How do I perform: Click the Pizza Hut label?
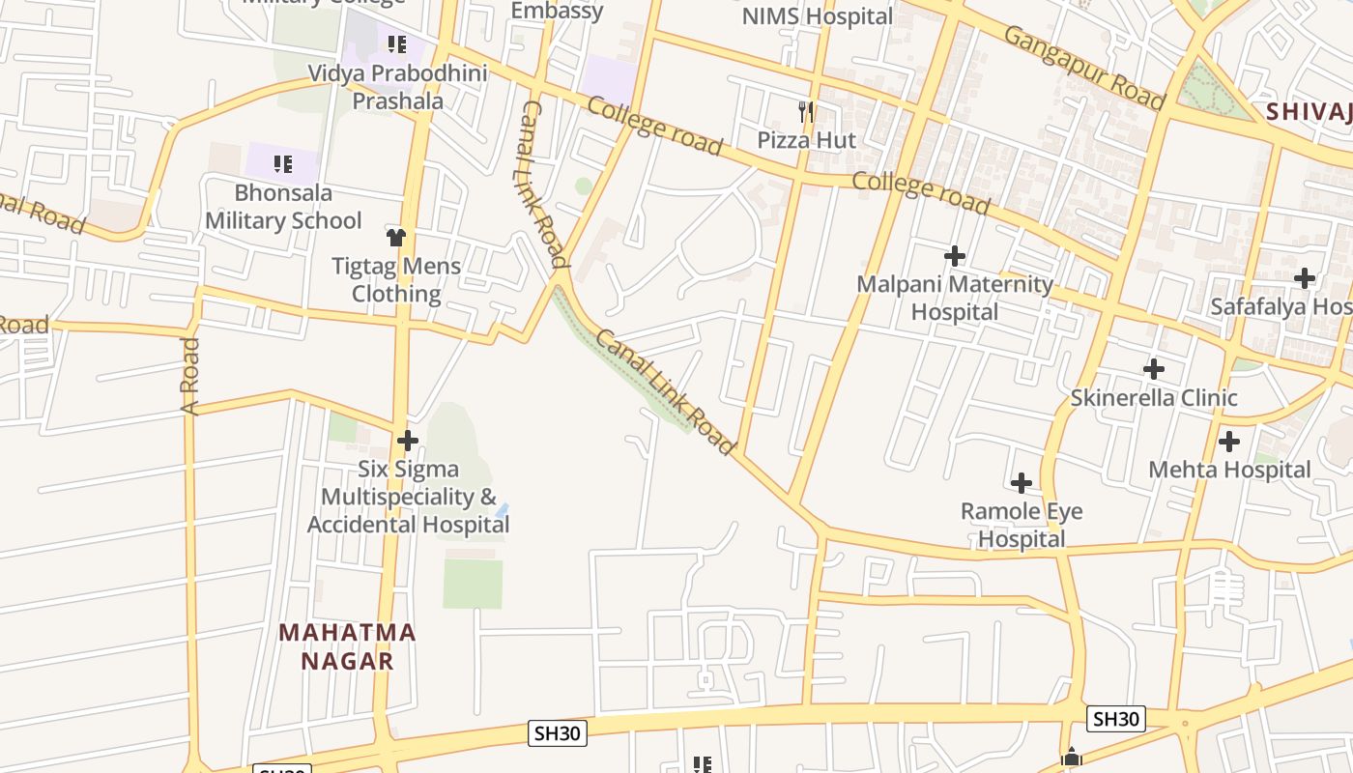click(x=806, y=140)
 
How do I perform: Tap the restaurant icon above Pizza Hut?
click(x=806, y=111)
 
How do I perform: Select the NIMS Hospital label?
click(x=818, y=16)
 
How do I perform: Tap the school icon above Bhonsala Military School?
click(x=282, y=164)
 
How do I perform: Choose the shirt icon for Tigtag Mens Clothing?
click(x=395, y=237)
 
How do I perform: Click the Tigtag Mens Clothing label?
click(x=396, y=279)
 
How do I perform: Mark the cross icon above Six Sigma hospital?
click(x=408, y=441)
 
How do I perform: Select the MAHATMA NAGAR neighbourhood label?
click(x=347, y=646)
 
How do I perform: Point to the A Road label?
click(x=190, y=376)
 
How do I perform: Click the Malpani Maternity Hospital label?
click(x=955, y=298)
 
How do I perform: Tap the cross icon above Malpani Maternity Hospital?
click(x=955, y=256)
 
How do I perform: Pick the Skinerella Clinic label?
click(x=1154, y=397)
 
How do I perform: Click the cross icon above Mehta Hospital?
click(x=1229, y=442)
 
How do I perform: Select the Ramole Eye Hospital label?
click(x=1022, y=525)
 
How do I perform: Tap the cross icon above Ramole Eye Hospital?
click(x=1022, y=483)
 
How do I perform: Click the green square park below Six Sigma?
click(x=473, y=584)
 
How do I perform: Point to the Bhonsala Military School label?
click(x=283, y=207)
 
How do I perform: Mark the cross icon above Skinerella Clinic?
click(x=1154, y=369)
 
